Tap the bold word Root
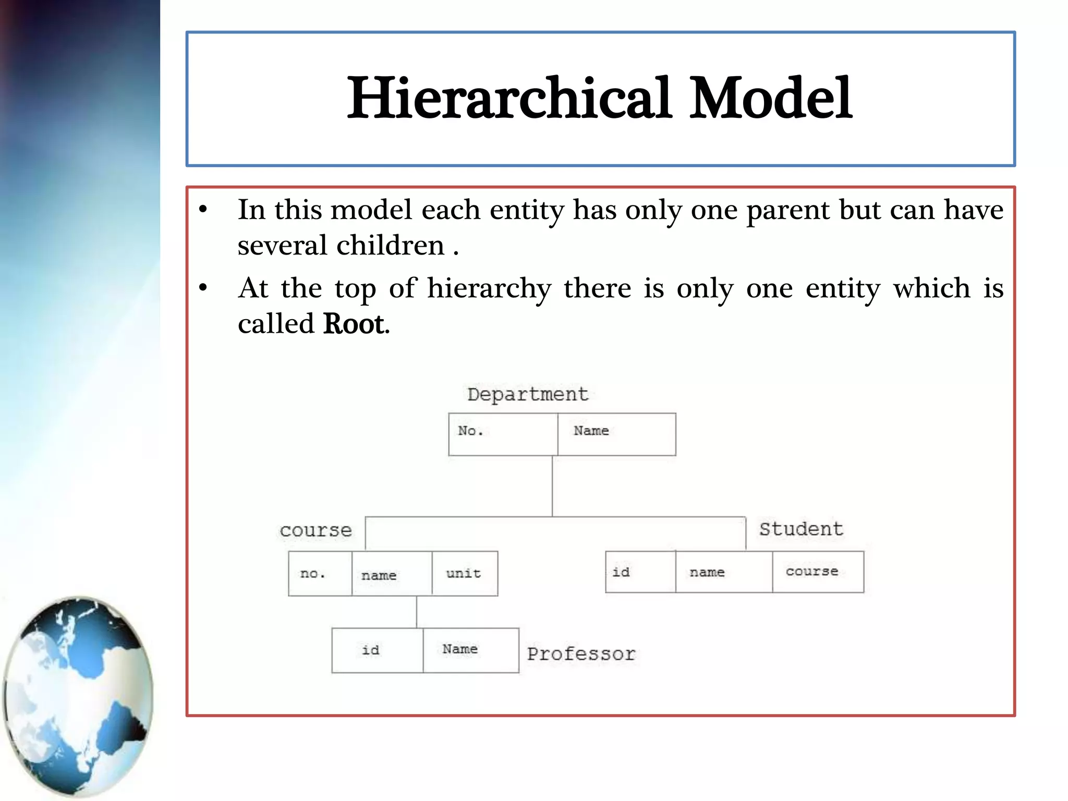tap(354, 324)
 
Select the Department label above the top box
tap(527, 394)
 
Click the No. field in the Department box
tap(470, 431)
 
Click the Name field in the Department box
tap(591, 431)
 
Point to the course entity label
tap(315, 530)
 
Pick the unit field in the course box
tap(463, 574)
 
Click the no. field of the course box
tap(313, 574)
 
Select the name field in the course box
tap(379, 575)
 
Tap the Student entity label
tap(800, 529)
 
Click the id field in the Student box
tap(621, 572)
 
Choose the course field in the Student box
tap(811, 572)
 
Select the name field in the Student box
tap(707, 572)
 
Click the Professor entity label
tap(581, 654)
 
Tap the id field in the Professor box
tap(371, 650)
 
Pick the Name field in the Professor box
tap(460, 649)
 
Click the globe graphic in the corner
tap(78, 696)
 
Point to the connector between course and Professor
tap(416, 612)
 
